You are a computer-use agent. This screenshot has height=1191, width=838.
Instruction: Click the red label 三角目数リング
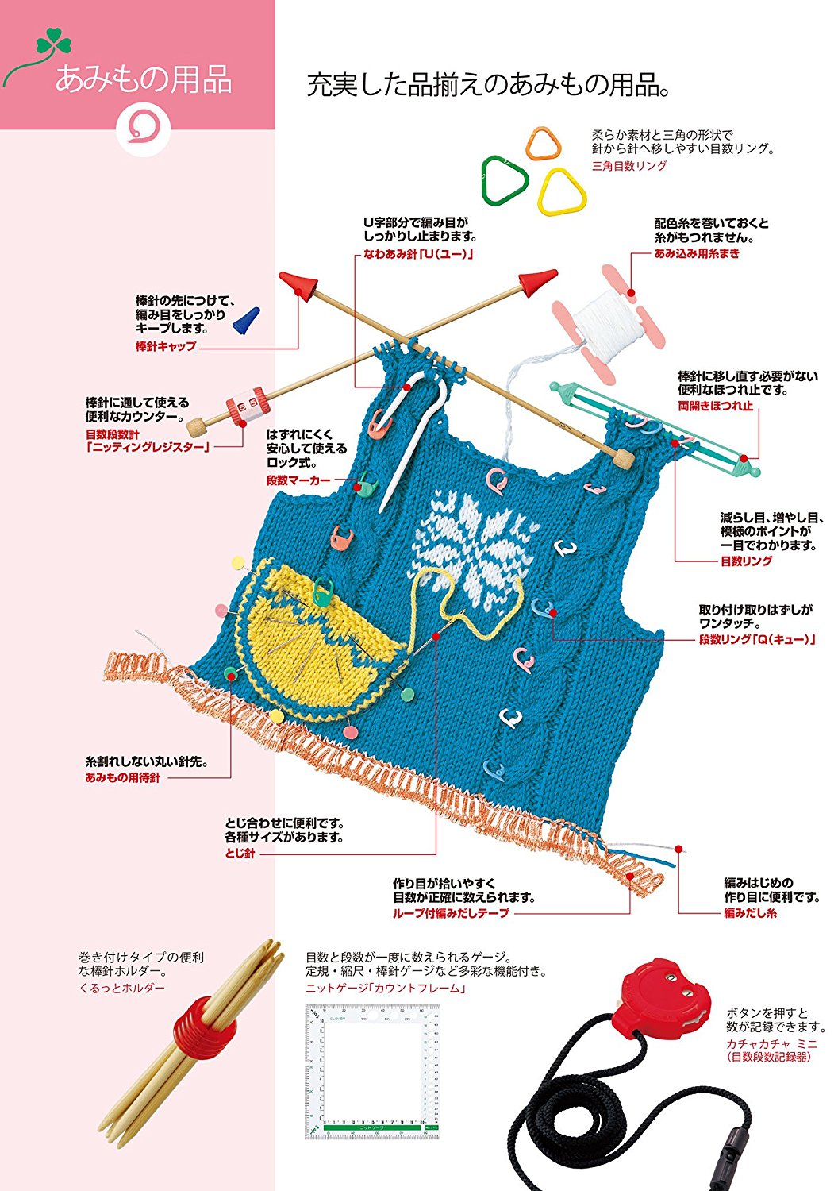coord(629,166)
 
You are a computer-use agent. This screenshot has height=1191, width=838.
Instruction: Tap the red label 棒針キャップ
coord(166,346)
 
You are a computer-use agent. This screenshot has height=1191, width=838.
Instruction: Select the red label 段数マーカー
coord(298,480)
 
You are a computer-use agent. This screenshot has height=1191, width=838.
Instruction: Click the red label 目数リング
coord(746,561)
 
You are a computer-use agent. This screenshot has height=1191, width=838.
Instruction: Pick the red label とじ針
coord(240,854)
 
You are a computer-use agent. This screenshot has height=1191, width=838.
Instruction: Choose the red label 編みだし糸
coord(750,913)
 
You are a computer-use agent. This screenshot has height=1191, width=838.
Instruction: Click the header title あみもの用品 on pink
coord(143,80)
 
